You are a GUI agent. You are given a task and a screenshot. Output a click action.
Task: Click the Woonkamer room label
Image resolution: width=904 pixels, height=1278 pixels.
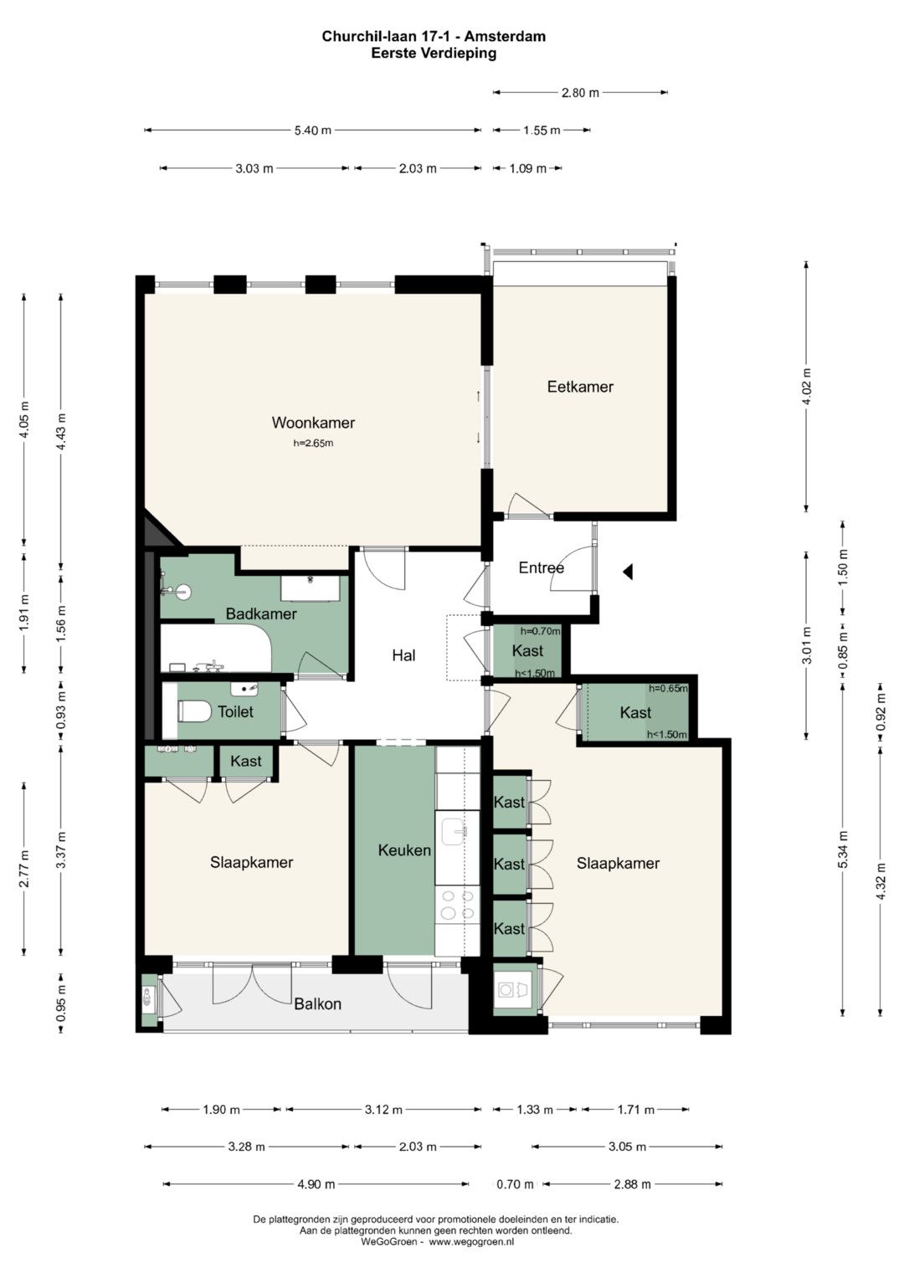pyautogui.click(x=313, y=423)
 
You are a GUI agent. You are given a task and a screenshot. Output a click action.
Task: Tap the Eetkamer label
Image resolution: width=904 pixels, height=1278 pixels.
pyautogui.click(x=580, y=387)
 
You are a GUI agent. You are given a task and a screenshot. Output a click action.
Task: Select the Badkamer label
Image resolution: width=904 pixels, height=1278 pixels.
pyautogui.click(x=261, y=614)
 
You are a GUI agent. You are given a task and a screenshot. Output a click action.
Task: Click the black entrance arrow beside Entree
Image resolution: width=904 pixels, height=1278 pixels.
pyautogui.click(x=628, y=571)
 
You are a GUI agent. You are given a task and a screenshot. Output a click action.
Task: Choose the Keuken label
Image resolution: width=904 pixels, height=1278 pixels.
pyautogui.click(x=404, y=850)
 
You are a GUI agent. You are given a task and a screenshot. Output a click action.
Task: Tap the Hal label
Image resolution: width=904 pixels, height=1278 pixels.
pyautogui.click(x=403, y=655)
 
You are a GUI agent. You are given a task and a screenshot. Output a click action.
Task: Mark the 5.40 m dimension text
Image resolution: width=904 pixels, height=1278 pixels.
pyautogui.click(x=313, y=130)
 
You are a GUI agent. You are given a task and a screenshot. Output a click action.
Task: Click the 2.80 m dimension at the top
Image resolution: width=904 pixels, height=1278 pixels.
pyautogui.click(x=580, y=92)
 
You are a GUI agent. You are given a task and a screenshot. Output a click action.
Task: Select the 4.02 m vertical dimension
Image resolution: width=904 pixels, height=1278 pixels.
pyautogui.click(x=806, y=387)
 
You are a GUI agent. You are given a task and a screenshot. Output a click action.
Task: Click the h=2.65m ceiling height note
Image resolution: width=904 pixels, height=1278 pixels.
pyautogui.click(x=313, y=443)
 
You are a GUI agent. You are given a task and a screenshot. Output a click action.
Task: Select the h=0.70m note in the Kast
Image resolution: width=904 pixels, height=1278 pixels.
pyautogui.click(x=540, y=631)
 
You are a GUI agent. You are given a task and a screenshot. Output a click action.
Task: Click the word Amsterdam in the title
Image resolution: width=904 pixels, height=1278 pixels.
pyautogui.click(x=505, y=37)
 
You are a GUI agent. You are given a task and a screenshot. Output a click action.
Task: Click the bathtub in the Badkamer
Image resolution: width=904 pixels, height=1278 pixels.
pyautogui.click(x=216, y=648)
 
